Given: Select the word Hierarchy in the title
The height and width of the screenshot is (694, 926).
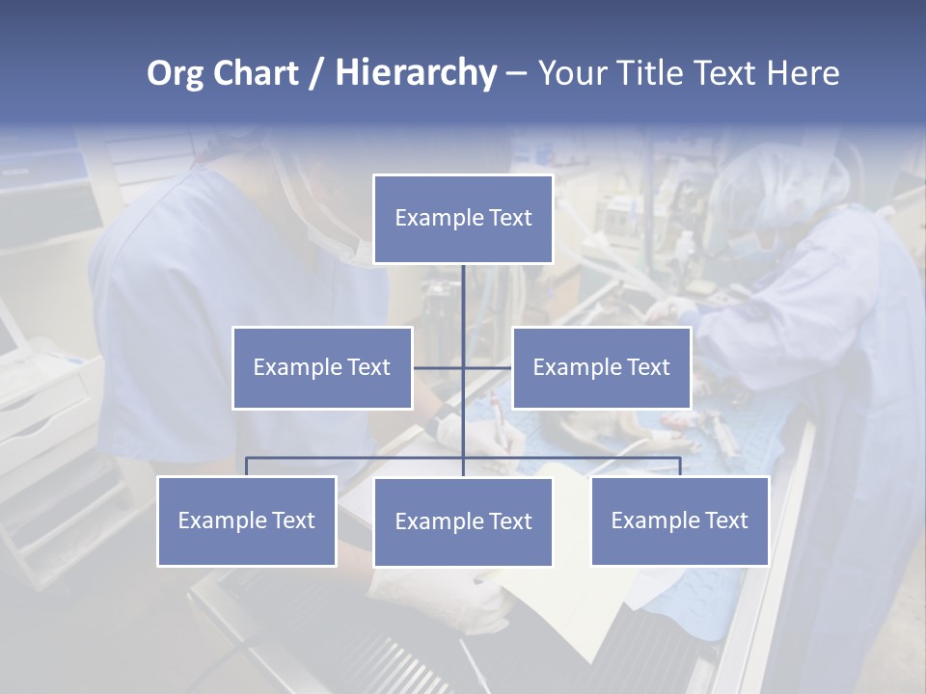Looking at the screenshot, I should point(416,74).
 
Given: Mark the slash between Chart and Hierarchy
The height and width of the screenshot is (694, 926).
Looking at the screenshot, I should point(316,74).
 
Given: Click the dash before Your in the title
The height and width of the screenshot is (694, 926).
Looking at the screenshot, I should point(516,74).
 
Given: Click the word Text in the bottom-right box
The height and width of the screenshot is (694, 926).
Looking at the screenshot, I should point(725,521).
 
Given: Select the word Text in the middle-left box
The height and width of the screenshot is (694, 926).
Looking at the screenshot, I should point(368,367).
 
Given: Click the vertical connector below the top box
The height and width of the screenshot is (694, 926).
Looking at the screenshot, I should point(463,299).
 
